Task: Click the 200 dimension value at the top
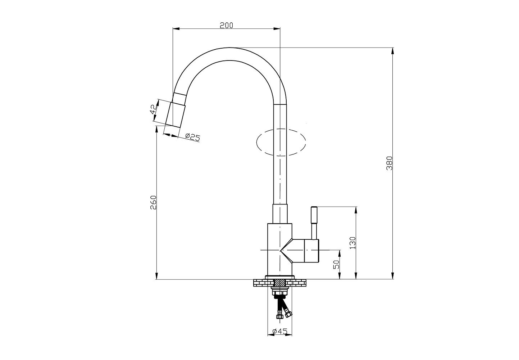[226, 25]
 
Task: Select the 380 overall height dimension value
[390, 163]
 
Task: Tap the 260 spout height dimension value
[154, 202]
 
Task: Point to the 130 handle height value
[352, 243]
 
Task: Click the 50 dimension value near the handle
[336, 264]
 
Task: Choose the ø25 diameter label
[192, 137]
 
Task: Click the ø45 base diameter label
[280, 332]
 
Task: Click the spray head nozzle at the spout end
[176, 114]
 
